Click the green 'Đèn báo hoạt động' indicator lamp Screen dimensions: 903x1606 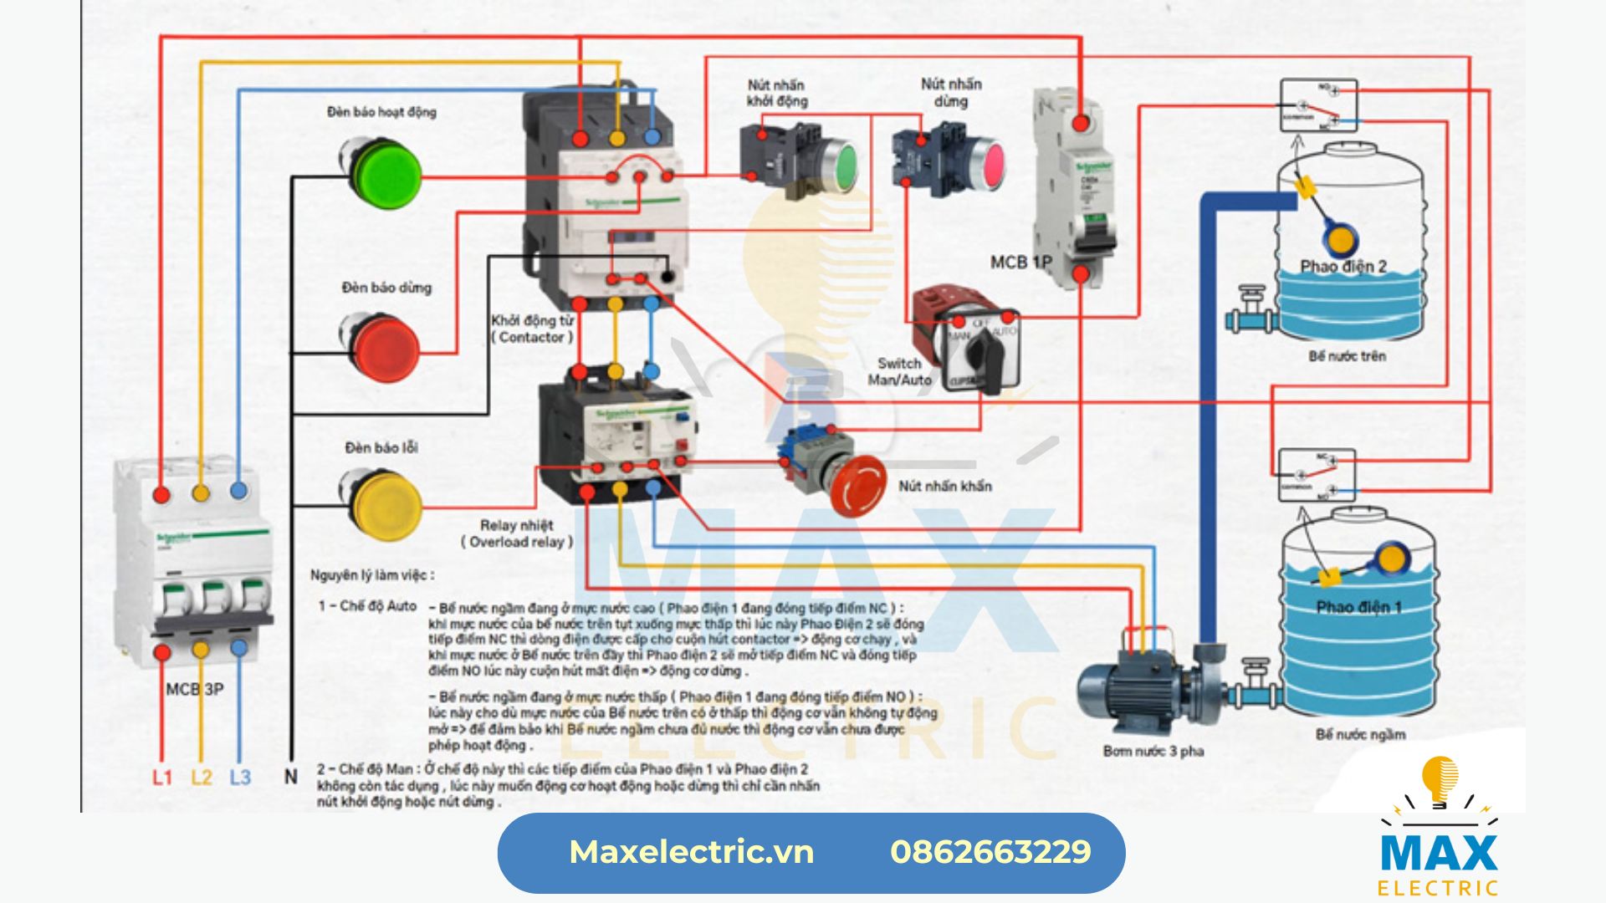coord(384,175)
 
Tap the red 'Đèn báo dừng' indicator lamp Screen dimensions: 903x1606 coord(384,347)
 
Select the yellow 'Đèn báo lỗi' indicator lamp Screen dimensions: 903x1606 coord(384,504)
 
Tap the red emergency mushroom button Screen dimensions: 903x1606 coord(857,486)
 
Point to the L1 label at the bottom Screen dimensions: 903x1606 coord(161,778)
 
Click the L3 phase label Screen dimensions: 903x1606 coord(240,778)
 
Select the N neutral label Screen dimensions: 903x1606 coord(290,777)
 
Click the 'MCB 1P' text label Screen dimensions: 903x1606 coord(1020,263)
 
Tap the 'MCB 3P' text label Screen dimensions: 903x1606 coord(195,689)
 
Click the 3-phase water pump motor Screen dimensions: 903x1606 coord(1126,690)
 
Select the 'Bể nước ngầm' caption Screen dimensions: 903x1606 coord(1360,735)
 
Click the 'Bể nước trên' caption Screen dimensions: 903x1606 coord(1347,356)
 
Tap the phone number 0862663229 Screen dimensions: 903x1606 coord(990,852)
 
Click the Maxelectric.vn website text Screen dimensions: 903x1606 coord(691,852)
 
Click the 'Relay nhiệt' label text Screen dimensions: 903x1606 coord(516,525)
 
